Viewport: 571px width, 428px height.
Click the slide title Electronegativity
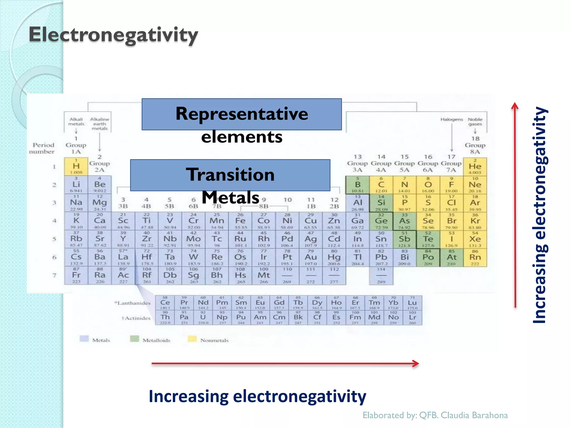pyautogui.click(x=113, y=35)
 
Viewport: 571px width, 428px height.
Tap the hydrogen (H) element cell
pyautogui.click(x=76, y=167)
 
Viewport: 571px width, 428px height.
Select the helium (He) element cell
pyautogui.click(x=475, y=167)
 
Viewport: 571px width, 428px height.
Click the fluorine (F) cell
pyautogui.click(x=451, y=185)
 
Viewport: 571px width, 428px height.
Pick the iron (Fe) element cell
pyautogui.click(x=240, y=221)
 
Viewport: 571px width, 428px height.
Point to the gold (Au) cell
pyautogui.click(x=311, y=257)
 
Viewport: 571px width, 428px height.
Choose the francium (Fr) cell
pyautogui.click(x=76, y=275)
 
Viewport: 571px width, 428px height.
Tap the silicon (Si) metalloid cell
pyautogui.click(x=381, y=203)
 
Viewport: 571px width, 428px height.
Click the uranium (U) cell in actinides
pyautogui.click(x=203, y=317)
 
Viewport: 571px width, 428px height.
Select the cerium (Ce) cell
pyautogui.click(x=165, y=303)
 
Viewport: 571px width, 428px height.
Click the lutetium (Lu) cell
pyautogui.click(x=412, y=303)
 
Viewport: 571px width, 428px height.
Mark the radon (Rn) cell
pyautogui.click(x=475, y=257)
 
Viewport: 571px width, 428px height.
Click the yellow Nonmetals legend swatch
pyautogui.click(x=192, y=339)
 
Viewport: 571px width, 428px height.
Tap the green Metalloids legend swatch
pyautogui.click(x=134, y=339)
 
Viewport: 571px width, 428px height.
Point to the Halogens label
pyautogui.click(x=451, y=120)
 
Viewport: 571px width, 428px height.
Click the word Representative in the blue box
pyautogui.click(x=242, y=114)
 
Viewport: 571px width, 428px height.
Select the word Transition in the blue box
pyautogui.click(x=230, y=175)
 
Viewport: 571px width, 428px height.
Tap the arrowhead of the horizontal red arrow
pyautogui.click(x=416, y=363)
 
